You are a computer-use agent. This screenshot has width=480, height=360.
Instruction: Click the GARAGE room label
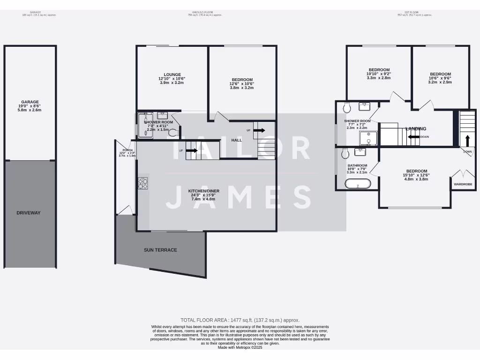tap(30, 102)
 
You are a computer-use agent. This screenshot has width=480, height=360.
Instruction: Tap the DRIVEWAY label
tap(29, 213)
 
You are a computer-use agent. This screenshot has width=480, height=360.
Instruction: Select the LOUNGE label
tap(172, 74)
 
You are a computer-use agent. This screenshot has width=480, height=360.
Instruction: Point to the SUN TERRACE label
tap(160, 250)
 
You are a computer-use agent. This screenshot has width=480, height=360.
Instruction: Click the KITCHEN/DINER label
tap(202, 191)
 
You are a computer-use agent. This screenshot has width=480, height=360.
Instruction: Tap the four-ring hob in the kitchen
tap(143, 184)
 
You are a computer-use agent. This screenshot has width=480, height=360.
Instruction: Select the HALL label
tap(237, 140)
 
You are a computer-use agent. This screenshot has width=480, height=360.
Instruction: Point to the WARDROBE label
tap(463, 185)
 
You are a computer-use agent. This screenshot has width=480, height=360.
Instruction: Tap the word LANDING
tap(416, 128)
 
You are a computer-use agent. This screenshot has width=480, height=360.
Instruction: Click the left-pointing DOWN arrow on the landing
tap(413, 137)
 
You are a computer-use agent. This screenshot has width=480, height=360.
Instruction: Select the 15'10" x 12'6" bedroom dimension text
tap(416, 175)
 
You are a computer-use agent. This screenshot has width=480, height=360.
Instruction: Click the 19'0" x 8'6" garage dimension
tap(30, 106)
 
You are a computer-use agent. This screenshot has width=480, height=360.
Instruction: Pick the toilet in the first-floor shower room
tap(347, 108)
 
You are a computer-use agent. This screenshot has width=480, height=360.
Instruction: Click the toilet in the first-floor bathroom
tap(346, 153)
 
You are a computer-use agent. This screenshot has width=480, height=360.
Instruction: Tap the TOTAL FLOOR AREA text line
tap(240, 320)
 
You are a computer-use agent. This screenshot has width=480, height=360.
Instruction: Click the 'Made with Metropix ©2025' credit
tap(240, 347)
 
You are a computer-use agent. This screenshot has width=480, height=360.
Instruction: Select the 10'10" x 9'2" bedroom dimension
tap(379, 74)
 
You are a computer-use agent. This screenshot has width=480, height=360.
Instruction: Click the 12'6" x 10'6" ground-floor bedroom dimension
tap(242, 84)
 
